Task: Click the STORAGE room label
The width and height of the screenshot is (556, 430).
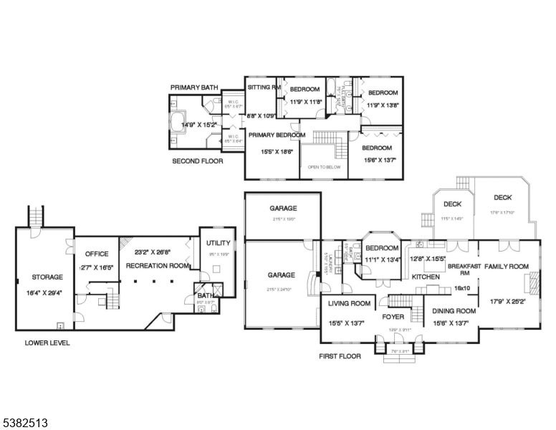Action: [x=47, y=277]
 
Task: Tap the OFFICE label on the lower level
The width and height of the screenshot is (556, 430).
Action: [x=96, y=254]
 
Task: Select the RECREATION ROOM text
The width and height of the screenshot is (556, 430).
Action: [x=158, y=265]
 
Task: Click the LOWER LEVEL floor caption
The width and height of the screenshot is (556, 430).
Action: [x=47, y=343]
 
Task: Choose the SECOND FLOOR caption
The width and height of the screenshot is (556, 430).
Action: [x=197, y=161]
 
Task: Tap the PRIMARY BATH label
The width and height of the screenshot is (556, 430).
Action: [x=194, y=87]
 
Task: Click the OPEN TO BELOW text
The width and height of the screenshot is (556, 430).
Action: [x=323, y=167]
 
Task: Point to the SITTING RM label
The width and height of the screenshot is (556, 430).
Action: [x=262, y=87]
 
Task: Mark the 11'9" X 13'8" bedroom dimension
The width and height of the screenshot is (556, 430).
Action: [x=382, y=105]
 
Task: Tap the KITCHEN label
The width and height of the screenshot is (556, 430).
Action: [x=425, y=277]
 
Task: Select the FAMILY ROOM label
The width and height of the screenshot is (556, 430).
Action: [x=507, y=266]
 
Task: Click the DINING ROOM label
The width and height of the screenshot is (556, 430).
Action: [x=454, y=311]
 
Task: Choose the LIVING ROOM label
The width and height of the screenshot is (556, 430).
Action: [x=349, y=303]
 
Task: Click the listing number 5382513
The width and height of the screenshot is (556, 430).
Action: [x=24, y=424]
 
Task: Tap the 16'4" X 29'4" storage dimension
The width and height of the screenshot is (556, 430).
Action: [x=47, y=292]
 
